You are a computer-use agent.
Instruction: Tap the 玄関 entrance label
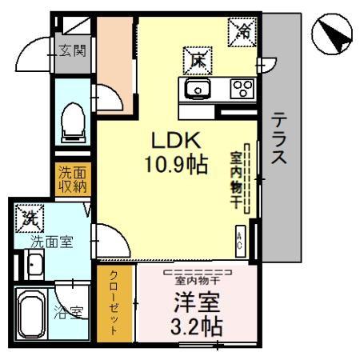tap(73, 50)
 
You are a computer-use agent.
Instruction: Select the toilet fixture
tap(74, 123)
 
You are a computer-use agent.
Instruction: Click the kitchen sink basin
tap(198, 88)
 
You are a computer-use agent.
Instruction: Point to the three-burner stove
tap(243, 89)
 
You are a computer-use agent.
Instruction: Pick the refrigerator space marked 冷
tap(242, 32)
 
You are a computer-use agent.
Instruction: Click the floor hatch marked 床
tap(198, 61)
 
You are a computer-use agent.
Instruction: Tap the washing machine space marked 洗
tap(30, 218)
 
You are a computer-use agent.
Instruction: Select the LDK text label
tap(176, 141)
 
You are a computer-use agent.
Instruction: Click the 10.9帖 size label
tap(176, 164)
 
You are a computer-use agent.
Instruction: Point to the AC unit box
tap(241, 242)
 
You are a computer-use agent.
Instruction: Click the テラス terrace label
tap(279, 138)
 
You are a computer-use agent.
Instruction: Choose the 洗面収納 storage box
tap(73, 179)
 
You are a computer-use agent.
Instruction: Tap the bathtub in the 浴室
tap(32, 314)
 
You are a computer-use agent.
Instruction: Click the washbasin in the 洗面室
tap(35, 264)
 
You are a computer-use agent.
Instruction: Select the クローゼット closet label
tap(114, 303)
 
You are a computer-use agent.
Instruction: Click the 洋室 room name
tap(197, 302)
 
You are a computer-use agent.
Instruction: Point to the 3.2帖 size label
tap(197, 326)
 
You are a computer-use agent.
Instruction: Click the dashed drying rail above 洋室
tap(198, 272)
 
